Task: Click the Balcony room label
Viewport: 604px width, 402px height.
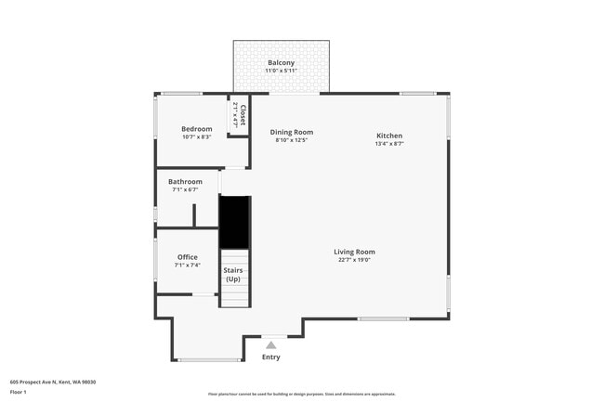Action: (281, 63)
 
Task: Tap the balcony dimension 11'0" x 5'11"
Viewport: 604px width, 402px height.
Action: (281, 71)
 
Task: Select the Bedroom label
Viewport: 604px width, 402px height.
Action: (196, 128)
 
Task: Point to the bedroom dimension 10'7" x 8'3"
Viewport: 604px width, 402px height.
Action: (196, 137)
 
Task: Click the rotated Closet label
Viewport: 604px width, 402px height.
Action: (243, 115)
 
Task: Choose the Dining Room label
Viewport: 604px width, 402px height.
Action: (291, 132)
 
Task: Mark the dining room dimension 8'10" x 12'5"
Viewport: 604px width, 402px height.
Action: (291, 140)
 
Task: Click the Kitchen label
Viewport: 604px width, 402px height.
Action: (388, 136)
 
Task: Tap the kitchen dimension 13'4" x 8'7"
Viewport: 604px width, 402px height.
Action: (388, 144)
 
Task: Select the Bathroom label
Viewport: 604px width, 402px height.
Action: (185, 182)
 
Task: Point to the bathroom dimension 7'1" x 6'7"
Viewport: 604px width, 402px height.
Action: (185, 190)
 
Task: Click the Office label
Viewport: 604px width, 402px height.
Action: (187, 257)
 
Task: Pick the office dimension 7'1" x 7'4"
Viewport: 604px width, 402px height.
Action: (187, 266)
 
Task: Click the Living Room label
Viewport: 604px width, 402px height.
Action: (354, 251)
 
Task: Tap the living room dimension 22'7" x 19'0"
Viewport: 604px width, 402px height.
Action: (354, 259)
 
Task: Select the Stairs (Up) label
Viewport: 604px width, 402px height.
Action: (232, 275)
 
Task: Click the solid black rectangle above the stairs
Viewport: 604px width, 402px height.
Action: (234, 222)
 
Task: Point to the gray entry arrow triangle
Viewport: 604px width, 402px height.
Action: (271, 344)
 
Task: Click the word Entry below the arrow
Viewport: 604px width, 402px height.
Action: (270, 357)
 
